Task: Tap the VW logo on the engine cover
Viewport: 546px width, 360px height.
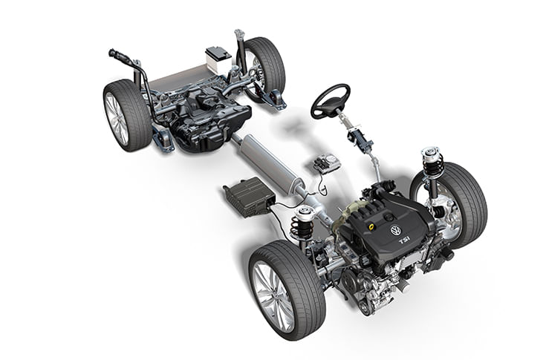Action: click(x=395, y=230)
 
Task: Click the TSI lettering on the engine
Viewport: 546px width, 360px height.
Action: click(x=405, y=241)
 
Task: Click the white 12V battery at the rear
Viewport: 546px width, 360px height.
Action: click(x=218, y=59)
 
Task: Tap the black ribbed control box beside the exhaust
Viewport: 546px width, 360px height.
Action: click(x=249, y=197)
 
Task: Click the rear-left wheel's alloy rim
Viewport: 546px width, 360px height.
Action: click(x=117, y=119)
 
